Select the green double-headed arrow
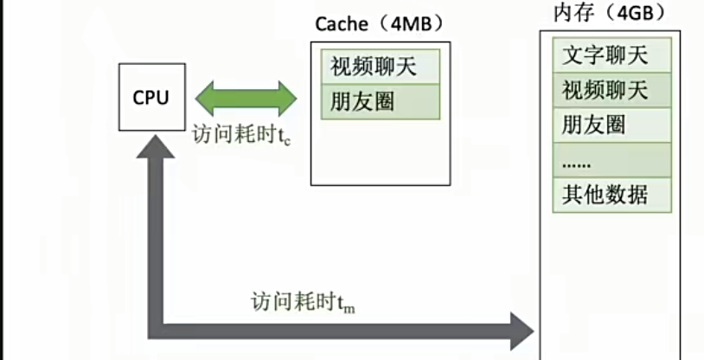[x=246, y=97]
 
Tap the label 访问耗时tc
[x=241, y=136]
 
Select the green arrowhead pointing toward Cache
[x=286, y=97]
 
